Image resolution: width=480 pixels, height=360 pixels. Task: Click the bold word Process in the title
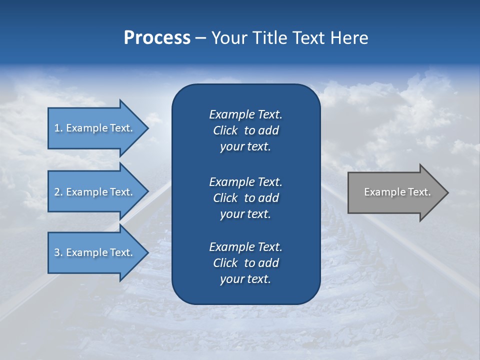157,38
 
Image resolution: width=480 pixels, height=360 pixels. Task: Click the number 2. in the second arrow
58,192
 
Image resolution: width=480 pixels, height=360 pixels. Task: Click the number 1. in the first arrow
58,128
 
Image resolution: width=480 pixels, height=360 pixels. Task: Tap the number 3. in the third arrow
58,252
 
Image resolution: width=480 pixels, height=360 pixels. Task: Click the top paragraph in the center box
245,130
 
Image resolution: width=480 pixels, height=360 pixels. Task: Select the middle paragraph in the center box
245,198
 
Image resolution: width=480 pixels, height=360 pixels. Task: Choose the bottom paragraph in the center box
245,263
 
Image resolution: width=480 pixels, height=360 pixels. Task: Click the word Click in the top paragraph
225,131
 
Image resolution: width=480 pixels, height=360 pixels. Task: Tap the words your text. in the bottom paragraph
245,279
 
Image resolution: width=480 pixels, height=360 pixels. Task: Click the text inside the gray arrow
397,192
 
